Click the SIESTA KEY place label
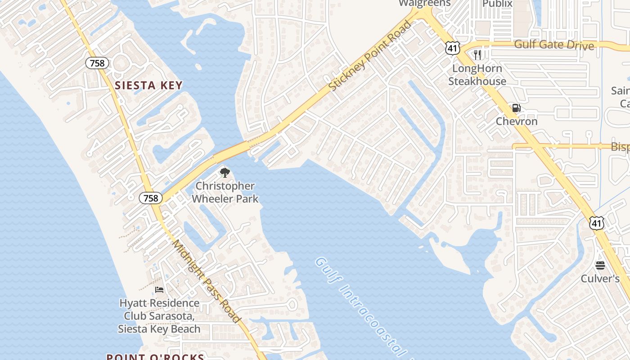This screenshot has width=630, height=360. click(148, 85)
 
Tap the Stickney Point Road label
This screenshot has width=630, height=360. click(370, 56)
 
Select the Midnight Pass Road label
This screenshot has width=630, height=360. click(207, 281)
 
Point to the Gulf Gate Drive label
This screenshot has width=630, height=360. click(554, 45)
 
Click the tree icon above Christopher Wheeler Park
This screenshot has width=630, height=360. click(225, 173)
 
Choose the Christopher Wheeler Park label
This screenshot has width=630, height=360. click(225, 192)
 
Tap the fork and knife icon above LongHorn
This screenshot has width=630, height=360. click(477, 55)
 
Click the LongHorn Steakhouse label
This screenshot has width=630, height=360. click(477, 75)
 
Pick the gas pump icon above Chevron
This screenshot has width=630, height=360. click(516, 108)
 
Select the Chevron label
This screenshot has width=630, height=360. click(517, 121)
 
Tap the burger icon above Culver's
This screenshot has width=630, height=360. click(600, 265)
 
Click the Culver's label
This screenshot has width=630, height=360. click(600, 279)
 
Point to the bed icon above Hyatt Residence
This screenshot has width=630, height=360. click(159, 289)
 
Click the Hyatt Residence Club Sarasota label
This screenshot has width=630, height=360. click(159, 316)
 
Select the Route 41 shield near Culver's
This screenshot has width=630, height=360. click(596, 222)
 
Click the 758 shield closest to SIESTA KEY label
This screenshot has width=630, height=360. click(97, 63)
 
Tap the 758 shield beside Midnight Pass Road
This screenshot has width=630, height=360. click(151, 198)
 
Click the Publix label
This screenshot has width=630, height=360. click(497, 4)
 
